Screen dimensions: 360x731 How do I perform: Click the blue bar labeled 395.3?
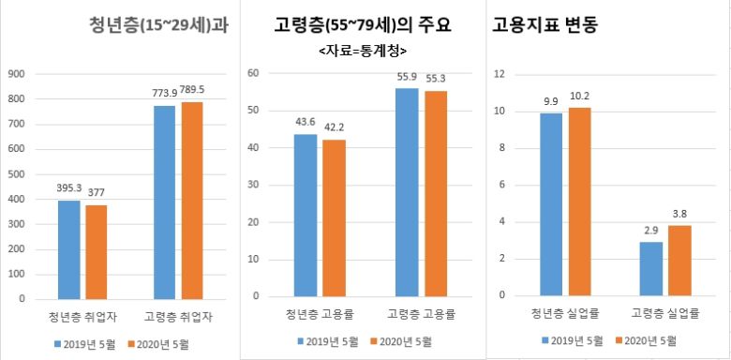tap(69, 249)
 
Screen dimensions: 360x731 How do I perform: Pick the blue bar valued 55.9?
tap(407, 191)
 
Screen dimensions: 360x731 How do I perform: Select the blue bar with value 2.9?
tap(650, 268)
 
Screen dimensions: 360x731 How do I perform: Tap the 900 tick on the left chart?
tap(16, 73)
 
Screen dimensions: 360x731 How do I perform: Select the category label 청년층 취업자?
tap(81, 316)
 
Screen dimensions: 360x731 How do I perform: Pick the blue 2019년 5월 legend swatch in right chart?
tap(545, 340)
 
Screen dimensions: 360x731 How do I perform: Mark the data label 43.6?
tap(306, 123)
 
